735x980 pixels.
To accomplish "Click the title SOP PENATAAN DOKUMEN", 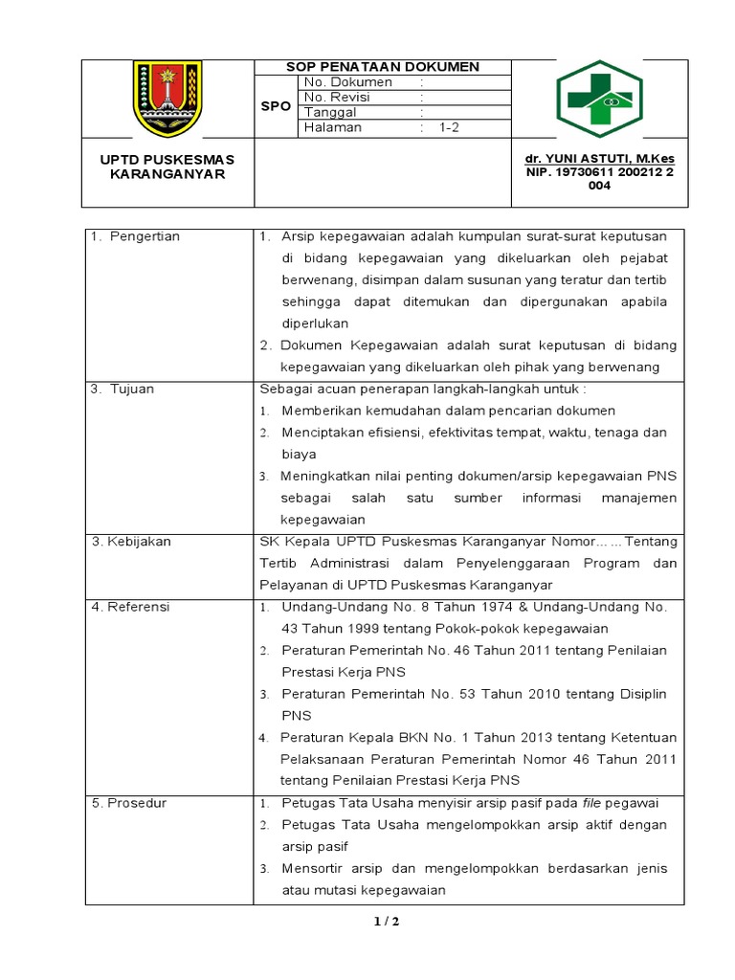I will click(x=383, y=67).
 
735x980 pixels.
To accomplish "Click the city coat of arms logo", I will click(x=167, y=100).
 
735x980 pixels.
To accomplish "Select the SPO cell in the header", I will click(x=276, y=106).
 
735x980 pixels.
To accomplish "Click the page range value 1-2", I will click(x=450, y=128).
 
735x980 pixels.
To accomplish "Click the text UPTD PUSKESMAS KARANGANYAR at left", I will click(x=167, y=167).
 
